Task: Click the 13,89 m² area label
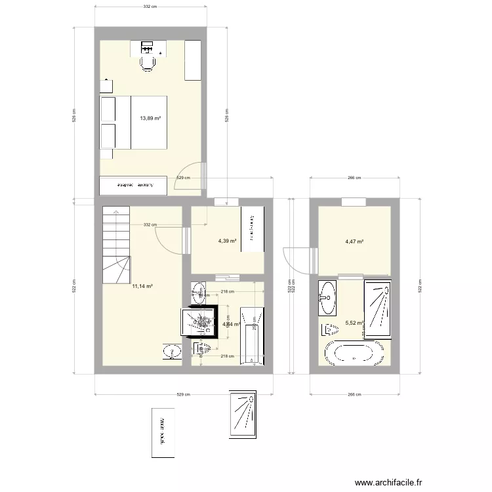150,119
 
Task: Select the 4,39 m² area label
227,241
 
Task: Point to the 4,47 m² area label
354,241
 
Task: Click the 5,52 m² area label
354,323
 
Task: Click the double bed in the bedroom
133,122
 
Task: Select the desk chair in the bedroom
148,63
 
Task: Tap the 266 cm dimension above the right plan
354,178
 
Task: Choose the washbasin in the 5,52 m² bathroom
327,297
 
